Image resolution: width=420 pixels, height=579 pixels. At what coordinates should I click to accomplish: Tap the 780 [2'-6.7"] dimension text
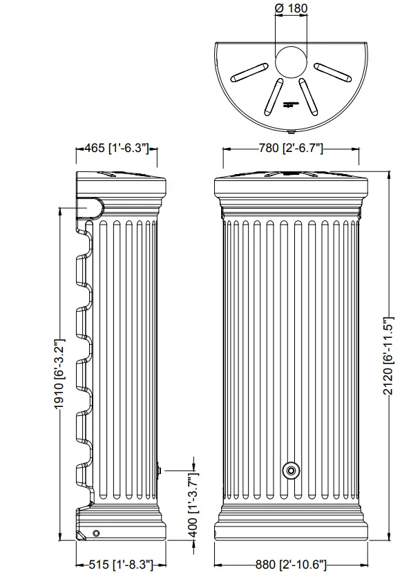tap(292, 149)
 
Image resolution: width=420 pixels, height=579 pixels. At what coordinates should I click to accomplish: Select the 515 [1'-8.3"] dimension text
tap(116, 564)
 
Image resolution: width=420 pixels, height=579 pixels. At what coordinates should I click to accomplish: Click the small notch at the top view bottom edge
tap(291, 129)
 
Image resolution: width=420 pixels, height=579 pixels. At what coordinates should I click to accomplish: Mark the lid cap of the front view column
tap(292, 185)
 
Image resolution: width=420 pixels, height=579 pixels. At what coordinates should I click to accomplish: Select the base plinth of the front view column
tap(292, 529)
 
